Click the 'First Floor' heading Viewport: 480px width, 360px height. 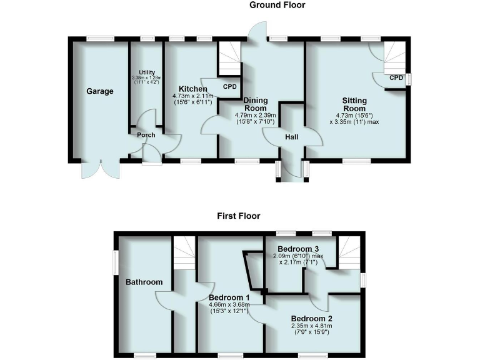click(239, 216)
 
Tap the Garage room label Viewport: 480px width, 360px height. click(100, 91)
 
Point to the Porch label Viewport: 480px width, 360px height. click(146, 135)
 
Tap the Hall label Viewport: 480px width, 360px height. click(292, 137)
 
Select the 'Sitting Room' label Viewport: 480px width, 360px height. click(354, 104)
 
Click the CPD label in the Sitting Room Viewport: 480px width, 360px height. click(396, 78)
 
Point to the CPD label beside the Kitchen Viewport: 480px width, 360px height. click(231, 87)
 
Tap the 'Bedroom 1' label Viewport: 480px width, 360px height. click(229, 297)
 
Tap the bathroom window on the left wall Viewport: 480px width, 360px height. click(115, 262)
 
